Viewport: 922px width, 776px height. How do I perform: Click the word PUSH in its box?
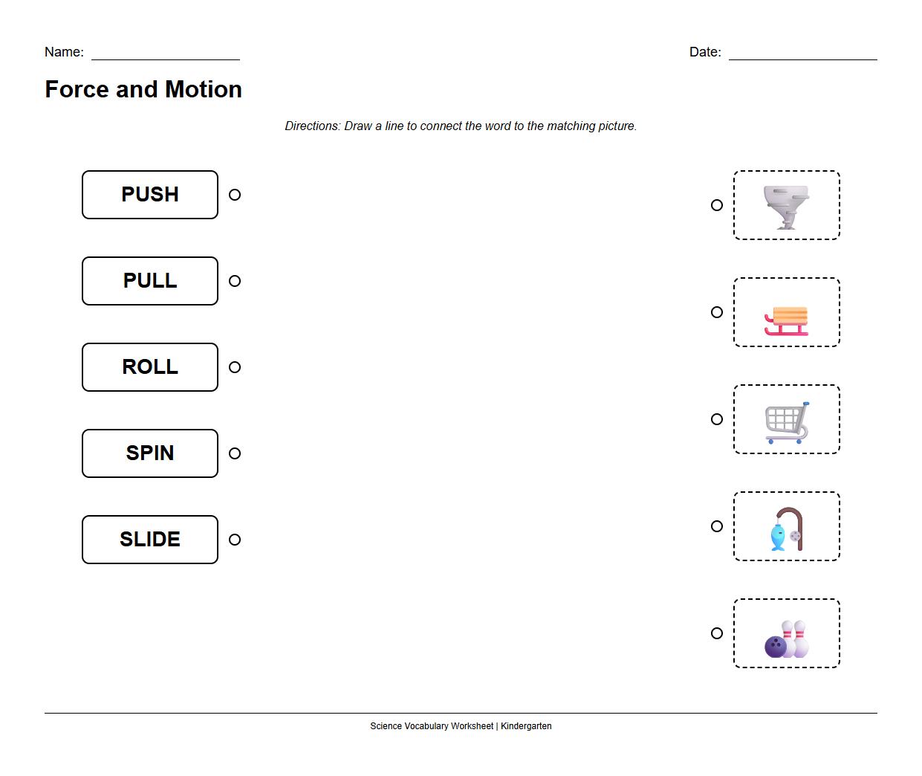click(150, 195)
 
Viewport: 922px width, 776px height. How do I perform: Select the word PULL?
click(150, 281)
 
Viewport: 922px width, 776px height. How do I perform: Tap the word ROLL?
click(150, 367)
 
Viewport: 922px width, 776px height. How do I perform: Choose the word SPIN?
click(150, 453)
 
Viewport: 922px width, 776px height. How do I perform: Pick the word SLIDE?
click(150, 540)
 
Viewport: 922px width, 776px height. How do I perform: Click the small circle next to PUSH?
click(235, 195)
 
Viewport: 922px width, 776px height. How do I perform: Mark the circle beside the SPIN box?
click(235, 453)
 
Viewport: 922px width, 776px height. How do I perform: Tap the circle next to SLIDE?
click(235, 540)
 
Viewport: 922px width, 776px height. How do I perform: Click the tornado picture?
click(786, 206)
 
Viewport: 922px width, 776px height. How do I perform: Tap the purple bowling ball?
click(775, 646)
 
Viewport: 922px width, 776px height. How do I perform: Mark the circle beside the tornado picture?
click(717, 205)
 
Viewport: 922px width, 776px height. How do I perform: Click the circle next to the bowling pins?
click(717, 633)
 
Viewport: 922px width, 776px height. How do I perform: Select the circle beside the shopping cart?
click(717, 419)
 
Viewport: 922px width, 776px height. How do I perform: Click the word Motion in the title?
click(204, 89)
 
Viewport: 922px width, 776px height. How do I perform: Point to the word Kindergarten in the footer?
click(526, 726)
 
